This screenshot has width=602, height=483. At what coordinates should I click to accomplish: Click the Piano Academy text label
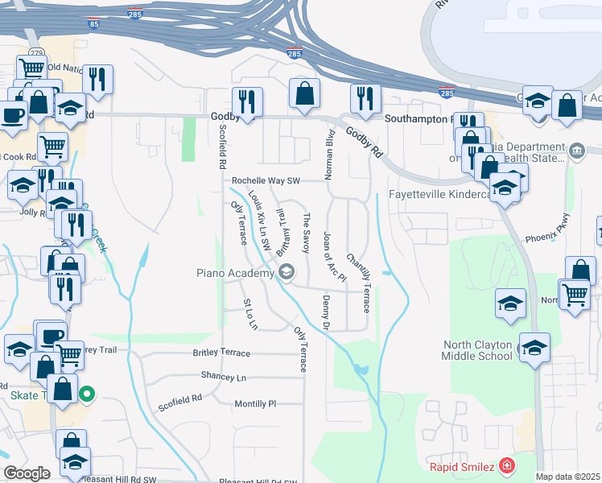click(235, 273)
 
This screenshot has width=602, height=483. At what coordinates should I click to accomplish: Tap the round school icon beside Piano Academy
click(287, 273)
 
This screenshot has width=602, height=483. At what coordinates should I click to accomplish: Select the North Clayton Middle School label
click(478, 350)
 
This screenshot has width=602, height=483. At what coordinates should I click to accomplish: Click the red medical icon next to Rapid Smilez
click(506, 465)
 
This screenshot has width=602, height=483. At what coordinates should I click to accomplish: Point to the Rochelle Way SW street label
click(265, 181)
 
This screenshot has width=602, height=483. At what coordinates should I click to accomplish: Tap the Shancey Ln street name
click(224, 377)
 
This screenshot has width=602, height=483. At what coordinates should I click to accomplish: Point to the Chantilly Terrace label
click(358, 283)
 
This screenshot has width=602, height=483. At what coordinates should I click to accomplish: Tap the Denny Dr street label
click(327, 313)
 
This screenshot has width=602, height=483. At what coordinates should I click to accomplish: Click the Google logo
click(27, 473)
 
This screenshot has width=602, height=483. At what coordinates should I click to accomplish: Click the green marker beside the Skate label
click(89, 394)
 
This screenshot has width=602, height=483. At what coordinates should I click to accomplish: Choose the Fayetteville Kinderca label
click(439, 195)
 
